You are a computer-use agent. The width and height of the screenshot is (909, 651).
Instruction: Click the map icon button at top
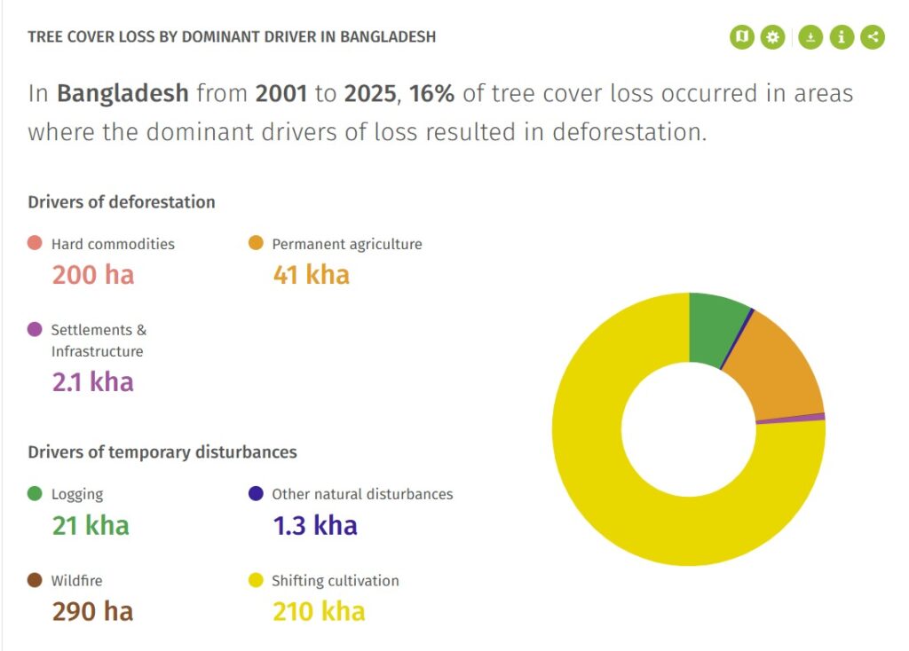(x=742, y=37)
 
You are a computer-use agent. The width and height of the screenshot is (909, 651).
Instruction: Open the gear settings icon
(x=773, y=37)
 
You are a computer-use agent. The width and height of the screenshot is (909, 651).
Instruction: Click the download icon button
(x=810, y=37)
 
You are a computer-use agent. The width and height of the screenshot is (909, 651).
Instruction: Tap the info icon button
(x=842, y=37)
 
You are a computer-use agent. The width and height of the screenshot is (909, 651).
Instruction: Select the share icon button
(x=873, y=37)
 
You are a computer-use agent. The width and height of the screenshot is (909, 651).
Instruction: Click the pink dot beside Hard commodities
(x=35, y=243)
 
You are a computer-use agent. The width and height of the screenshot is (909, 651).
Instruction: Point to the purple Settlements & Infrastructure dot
(x=35, y=329)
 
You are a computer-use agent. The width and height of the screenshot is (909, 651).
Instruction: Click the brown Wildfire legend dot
(x=35, y=580)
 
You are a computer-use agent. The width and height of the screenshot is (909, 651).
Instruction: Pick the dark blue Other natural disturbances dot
(x=256, y=493)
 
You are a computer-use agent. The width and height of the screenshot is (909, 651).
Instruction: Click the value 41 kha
(x=312, y=275)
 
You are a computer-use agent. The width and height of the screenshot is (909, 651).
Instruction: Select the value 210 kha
(x=319, y=612)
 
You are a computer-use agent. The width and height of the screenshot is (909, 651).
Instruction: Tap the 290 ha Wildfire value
(x=92, y=612)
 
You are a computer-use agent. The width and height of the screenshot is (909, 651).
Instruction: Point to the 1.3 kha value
(x=315, y=525)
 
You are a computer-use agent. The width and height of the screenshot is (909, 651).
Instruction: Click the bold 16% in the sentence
(x=432, y=93)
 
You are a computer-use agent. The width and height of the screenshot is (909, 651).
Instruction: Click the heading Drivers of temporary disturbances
(x=162, y=451)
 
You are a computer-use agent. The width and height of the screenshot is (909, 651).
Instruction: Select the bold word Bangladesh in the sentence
(x=123, y=94)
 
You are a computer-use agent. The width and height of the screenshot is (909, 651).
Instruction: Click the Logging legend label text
(x=77, y=494)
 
